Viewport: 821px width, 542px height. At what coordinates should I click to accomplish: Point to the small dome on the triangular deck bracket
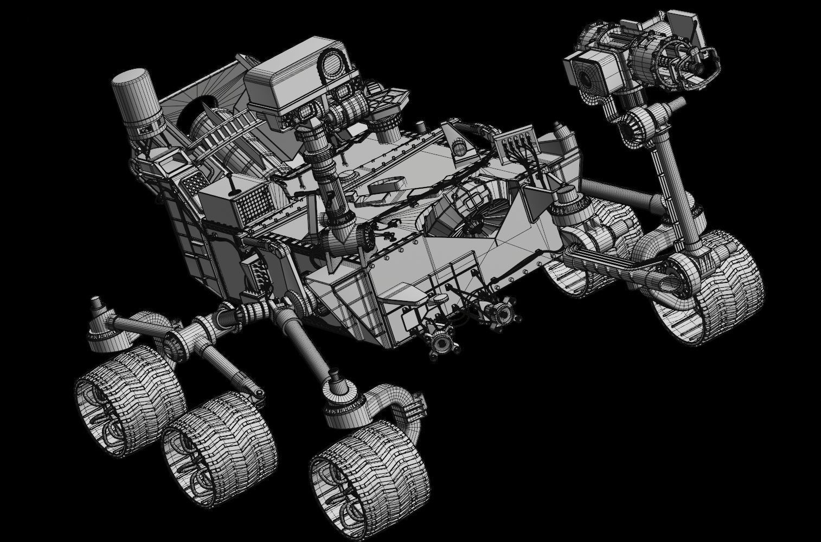coord(457,146)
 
